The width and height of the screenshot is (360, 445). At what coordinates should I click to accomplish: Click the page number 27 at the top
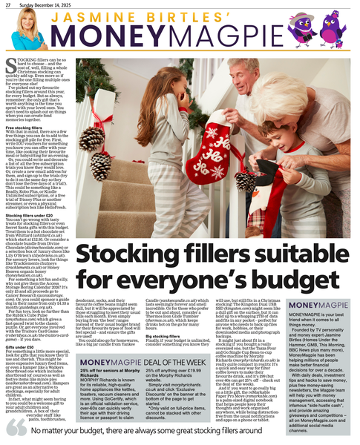tap(7, 4)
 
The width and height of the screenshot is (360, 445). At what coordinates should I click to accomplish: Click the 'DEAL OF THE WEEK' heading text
tap(183, 337)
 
